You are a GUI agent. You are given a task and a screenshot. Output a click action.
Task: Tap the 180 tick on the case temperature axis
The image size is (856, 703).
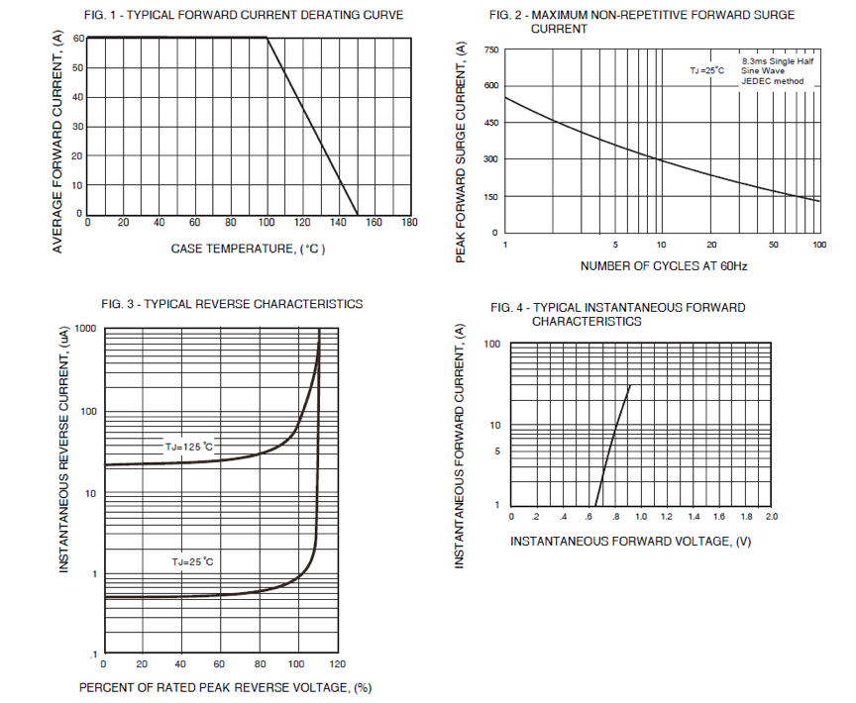tap(409, 223)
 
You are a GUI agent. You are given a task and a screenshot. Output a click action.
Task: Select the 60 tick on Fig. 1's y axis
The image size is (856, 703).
tap(79, 39)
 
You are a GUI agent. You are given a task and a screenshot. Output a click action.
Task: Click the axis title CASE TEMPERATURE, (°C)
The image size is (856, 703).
tap(248, 249)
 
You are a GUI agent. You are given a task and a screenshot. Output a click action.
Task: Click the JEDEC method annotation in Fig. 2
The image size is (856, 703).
tap(774, 81)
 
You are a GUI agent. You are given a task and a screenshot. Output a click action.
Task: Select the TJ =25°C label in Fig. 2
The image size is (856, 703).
tap(707, 70)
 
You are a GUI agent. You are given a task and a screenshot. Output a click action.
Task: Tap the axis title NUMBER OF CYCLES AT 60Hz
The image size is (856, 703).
tap(663, 266)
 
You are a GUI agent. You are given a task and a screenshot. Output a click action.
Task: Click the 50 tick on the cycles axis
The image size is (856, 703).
tap(774, 244)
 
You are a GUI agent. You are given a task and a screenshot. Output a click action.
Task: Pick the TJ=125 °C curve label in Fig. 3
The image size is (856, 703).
tap(189, 448)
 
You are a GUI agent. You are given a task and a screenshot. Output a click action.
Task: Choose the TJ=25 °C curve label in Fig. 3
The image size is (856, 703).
tap(192, 561)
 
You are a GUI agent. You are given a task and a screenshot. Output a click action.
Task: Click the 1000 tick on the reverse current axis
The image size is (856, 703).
tap(85, 329)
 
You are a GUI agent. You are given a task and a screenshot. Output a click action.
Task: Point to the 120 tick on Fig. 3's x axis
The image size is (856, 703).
tap(337, 664)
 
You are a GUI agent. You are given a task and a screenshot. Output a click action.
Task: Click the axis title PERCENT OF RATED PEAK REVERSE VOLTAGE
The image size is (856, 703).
tap(225, 687)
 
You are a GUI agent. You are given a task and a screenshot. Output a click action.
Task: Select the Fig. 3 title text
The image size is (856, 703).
tap(232, 304)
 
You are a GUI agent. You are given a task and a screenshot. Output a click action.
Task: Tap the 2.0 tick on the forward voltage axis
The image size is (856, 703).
tap(772, 517)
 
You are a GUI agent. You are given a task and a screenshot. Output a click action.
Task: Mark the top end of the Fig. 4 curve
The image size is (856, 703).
tap(629, 386)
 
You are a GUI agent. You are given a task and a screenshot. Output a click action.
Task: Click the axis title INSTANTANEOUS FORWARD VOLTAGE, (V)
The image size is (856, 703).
tap(631, 541)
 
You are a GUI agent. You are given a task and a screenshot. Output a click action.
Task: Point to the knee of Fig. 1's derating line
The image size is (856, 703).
tap(267, 39)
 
